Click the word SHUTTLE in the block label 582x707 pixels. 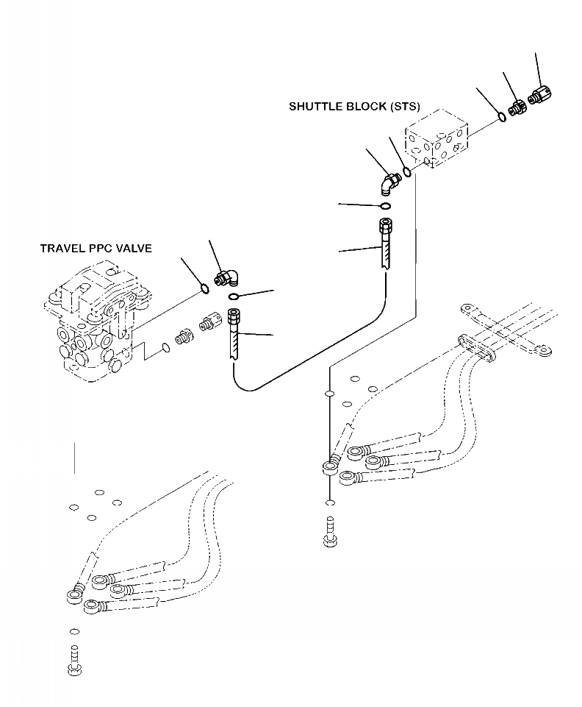click(x=312, y=107)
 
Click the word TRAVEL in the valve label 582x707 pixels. click(x=61, y=249)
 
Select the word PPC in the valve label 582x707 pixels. click(x=101, y=249)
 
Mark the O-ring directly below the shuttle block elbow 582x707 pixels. click(x=385, y=205)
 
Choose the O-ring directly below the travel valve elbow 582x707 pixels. click(x=234, y=296)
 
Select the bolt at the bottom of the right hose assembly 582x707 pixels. click(x=330, y=534)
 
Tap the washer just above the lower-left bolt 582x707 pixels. click(x=73, y=631)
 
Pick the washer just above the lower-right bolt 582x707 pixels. click(x=330, y=504)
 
